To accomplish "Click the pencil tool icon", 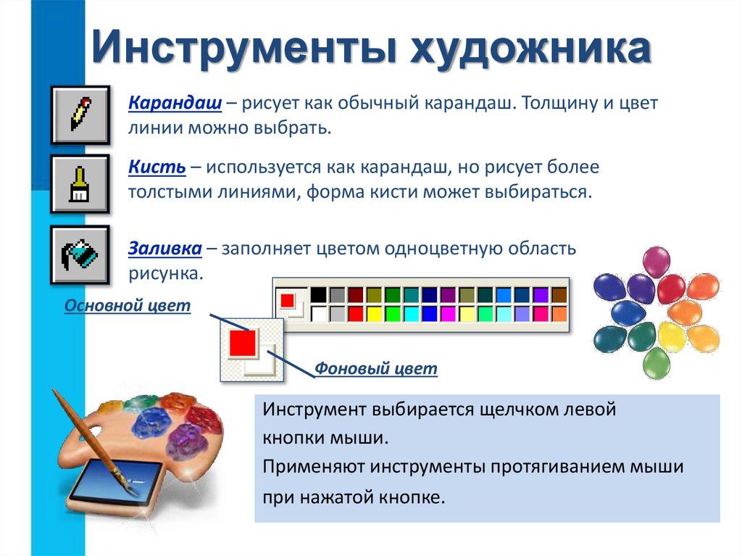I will pos(80,115).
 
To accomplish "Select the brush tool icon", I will pos(80,184).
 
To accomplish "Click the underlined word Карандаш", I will pos(175,103).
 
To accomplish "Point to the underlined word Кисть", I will pos(157,167).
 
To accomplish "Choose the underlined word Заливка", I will pos(164,248).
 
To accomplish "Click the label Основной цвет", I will pos(128,306).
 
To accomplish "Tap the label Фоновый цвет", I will pos(376,369).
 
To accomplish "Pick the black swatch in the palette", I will pos(319,295).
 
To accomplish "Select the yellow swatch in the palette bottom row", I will pos(375,313).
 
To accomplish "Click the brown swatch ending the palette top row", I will pos(559,295).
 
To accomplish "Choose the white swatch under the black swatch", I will pos(319,313).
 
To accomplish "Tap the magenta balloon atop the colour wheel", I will pos(656,261).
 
